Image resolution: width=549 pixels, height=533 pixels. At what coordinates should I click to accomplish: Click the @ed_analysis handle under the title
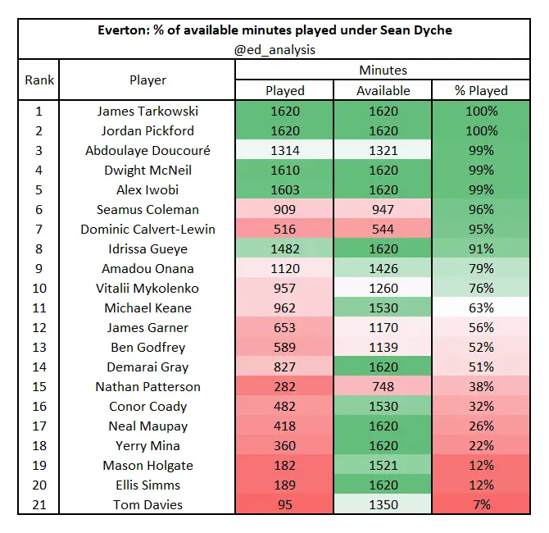(x=274, y=50)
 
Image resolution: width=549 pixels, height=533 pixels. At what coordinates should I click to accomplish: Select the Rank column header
(x=39, y=80)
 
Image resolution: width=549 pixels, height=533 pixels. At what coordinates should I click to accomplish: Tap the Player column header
(x=147, y=80)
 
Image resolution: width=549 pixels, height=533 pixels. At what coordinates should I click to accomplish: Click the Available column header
(x=383, y=91)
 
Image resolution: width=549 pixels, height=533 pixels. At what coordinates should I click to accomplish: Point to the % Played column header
(x=482, y=91)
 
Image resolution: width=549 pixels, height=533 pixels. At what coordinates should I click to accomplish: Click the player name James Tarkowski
(x=147, y=112)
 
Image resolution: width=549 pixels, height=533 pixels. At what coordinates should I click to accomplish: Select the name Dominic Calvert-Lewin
(x=147, y=230)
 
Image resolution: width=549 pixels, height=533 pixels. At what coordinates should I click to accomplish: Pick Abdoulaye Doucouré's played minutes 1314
(x=285, y=151)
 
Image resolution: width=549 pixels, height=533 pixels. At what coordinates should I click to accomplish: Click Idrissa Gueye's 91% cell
(x=482, y=249)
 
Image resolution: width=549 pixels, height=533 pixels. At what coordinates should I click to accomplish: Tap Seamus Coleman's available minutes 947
(x=383, y=210)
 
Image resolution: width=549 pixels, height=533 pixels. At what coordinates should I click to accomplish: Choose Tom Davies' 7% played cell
(x=482, y=505)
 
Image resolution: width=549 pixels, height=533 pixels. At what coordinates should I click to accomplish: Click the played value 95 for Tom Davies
(x=285, y=505)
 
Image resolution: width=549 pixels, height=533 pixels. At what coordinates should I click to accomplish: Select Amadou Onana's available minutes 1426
(x=383, y=269)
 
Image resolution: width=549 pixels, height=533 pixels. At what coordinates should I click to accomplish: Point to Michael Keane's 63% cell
(x=482, y=308)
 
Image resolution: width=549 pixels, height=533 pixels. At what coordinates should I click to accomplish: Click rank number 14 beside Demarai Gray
(x=39, y=367)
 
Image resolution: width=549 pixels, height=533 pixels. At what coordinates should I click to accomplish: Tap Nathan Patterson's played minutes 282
(x=285, y=387)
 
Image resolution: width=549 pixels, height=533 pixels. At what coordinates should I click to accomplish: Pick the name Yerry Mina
(x=147, y=446)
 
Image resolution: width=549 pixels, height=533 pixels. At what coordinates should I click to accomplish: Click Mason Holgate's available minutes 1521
(x=383, y=466)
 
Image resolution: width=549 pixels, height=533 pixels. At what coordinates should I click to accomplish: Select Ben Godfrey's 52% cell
(x=482, y=348)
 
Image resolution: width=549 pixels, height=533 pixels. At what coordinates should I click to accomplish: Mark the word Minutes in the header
(x=383, y=71)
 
